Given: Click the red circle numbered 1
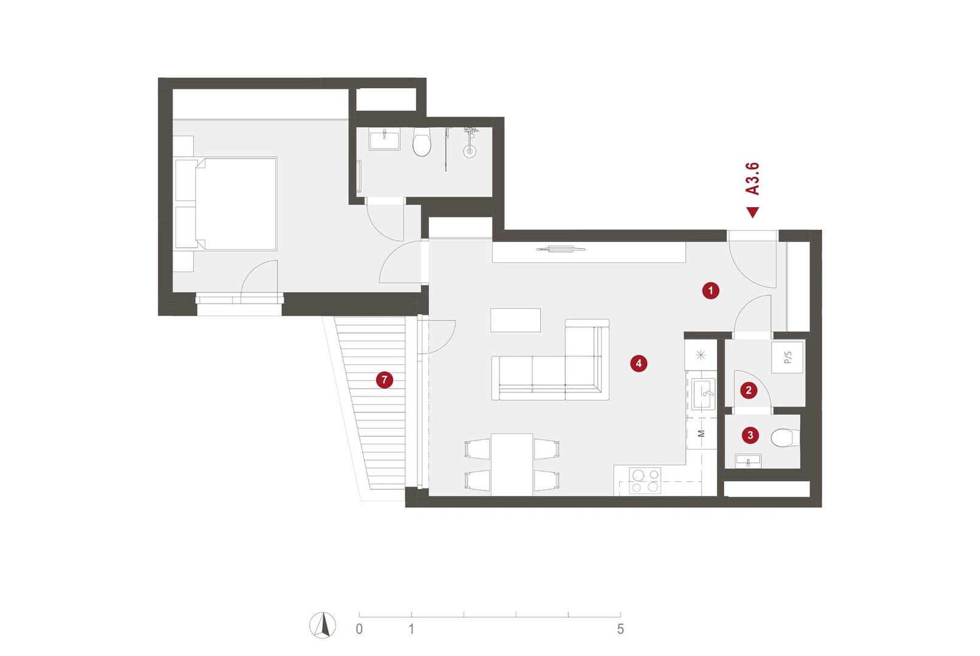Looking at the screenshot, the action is [710, 290].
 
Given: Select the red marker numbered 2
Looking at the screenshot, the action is [749, 390].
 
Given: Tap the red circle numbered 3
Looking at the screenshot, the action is [750, 435].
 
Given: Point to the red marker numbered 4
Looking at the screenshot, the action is [639, 363].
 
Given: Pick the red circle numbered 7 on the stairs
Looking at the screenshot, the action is [385, 380].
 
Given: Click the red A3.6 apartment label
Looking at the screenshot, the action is [753, 179].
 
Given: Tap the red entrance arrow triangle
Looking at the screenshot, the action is [753, 212].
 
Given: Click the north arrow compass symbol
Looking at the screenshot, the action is [323, 625].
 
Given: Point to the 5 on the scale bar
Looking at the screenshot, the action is [620, 629].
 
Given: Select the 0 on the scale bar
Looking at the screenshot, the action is [359, 629].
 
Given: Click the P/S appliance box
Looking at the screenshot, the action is [787, 357].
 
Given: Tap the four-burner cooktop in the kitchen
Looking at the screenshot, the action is [645, 480].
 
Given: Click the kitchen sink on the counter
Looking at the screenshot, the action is [704, 394].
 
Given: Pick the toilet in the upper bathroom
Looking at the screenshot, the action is [422, 142].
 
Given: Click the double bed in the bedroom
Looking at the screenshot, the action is [226, 204].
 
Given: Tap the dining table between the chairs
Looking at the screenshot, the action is [512, 465].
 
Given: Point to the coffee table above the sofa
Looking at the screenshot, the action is [515, 320].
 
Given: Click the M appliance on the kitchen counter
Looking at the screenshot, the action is [701, 434].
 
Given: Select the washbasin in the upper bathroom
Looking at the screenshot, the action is [384, 138].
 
